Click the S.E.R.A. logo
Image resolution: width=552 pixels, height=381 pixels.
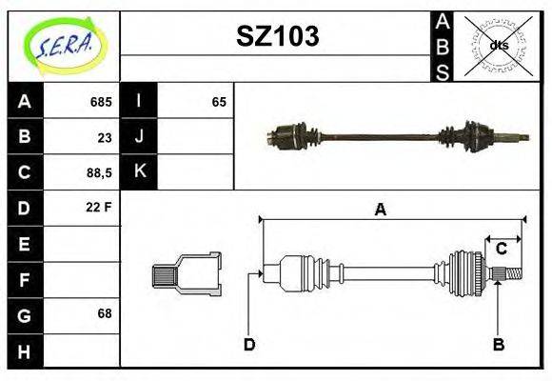(64, 44)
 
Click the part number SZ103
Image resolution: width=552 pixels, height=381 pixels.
(277, 36)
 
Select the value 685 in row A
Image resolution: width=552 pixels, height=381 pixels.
(100, 102)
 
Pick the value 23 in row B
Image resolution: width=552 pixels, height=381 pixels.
(105, 137)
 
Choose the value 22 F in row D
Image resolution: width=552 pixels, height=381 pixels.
(100, 207)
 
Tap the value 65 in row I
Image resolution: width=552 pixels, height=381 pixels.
(219, 102)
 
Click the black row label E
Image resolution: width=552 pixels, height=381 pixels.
(24, 244)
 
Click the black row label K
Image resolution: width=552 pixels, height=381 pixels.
(139, 171)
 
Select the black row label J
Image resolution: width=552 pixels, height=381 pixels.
(139, 136)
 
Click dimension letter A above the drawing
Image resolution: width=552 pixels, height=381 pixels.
(381, 211)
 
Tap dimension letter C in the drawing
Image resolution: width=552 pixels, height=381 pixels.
(501, 250)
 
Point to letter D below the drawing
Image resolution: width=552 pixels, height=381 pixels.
(249, 344)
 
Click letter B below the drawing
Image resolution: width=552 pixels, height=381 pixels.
(498, 344)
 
